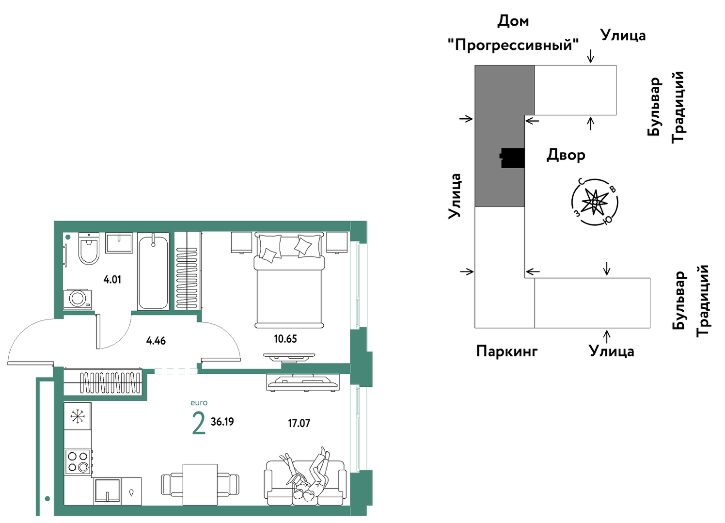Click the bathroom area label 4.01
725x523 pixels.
pyautogui.click(x=112, y=279)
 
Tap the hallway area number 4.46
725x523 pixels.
pyautogui.click(x=156, y=341)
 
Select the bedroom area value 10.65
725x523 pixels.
pyautogui.click(x=285, y=339)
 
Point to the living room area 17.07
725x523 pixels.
pyautogui.click(x=299, y=423)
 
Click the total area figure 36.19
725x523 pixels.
pyautogui.click(x=222, y=422)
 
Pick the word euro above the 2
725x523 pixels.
pyautogui.click(x=199, y=403)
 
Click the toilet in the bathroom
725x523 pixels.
pyautogui.click(x=88, y=248)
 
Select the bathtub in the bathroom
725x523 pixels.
pyautogui.click(x=153, y=271)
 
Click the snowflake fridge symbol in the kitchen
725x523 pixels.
pyautogui.click(x=78, y=416)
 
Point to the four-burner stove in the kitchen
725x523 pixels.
pyautogui.click(x=78, y=462)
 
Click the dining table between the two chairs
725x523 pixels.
pyautogui.click(x=200, y=485)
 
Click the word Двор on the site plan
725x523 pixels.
pyautogui.click(x=566, y=155)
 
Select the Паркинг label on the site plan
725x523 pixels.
pyautogui.click(x=507, y=351)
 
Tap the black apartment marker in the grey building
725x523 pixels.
pyautogui.click(x=512, y=158)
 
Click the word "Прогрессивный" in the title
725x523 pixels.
pyautogui.click(x=514, y=44)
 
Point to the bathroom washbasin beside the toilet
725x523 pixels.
pyautogui.click(x=119, y=243)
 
